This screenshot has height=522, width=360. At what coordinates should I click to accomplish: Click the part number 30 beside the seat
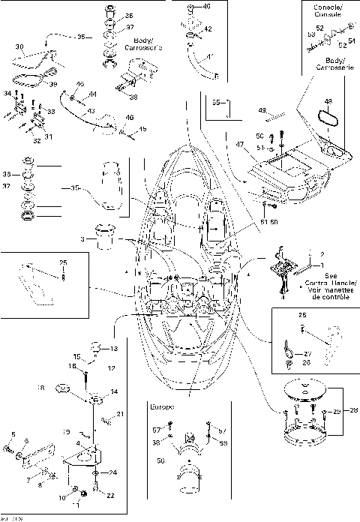[20, 46]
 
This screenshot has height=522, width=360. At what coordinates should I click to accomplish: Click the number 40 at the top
[207, 6]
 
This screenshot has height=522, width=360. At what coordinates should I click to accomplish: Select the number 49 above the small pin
[262, 109]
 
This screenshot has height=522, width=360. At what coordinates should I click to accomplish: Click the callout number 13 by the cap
[115, 349]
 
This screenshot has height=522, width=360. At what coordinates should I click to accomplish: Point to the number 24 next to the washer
[113, 472]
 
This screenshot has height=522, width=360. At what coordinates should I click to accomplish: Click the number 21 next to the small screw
[120, 415]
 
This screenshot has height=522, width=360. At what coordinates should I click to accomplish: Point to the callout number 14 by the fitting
[114, 391]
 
